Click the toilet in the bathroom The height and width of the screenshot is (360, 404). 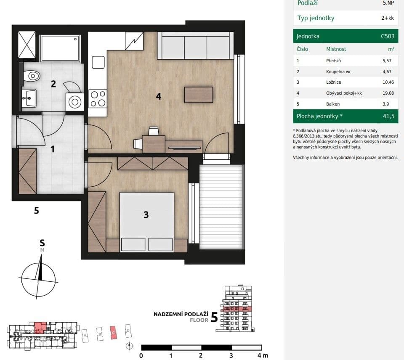coord(32,76)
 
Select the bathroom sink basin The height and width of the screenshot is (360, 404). coord(29,99)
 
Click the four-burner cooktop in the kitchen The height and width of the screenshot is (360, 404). coord(97,98)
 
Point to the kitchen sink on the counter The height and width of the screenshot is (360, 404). coord(98,62)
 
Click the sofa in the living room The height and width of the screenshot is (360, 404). coord(195,45)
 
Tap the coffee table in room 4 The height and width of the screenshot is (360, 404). coord(198,94)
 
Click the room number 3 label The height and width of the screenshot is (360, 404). coord(146,215)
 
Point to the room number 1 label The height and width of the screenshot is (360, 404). coord(53,149)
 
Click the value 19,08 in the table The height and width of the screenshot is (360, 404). coord(388,93)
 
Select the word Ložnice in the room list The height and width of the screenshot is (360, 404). coord(333,82)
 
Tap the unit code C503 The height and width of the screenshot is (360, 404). coord(387,36)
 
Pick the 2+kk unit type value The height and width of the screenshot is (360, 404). coord(387,18)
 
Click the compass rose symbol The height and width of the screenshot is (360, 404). coord(39,279)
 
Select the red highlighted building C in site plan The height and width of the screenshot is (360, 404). coord(113,332)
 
